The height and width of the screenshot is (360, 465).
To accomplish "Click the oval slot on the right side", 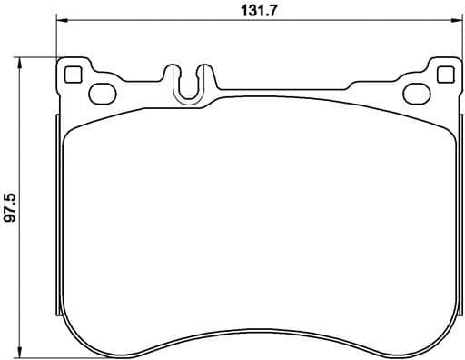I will click(x=415, y=91).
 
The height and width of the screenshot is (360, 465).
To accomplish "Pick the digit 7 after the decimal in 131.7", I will click(x=272, y=11).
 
